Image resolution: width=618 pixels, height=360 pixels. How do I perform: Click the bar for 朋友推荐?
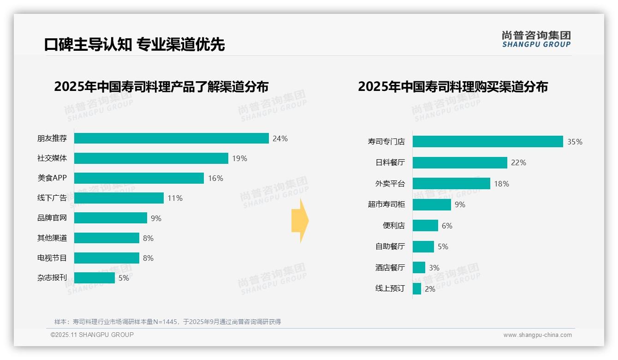tap(171, 138)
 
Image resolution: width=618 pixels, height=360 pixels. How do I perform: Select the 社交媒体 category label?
tap(52, 158)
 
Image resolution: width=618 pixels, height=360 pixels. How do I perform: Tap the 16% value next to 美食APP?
tap(215, 178)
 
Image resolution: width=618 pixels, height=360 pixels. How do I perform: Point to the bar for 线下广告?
tap(119, 198)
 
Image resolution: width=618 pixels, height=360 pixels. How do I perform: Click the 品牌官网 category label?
tap(52, 218)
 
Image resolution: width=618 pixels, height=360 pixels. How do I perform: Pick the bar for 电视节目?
tap(107, 258)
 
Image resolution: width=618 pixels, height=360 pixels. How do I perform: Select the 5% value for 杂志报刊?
tap(124, 278)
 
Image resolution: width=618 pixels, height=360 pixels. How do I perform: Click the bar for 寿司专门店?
tap(487, 142)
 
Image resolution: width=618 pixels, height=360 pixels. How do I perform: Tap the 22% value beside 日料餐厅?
tap(518, 162)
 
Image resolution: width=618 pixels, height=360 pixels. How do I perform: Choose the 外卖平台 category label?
tap(390, 184)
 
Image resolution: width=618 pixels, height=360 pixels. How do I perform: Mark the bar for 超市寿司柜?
tap(432, 204)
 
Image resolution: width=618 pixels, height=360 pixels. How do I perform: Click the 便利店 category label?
tap(393, 226)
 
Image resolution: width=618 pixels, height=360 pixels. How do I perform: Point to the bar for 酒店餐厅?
tap(419, 268)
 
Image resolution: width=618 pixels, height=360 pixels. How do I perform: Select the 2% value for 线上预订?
tap(430, 289)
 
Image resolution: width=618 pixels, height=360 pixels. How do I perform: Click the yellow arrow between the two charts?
tap(300, 221)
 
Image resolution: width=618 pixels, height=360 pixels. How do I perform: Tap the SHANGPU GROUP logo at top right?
tap(536, 39)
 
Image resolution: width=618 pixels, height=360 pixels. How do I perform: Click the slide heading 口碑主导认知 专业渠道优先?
tap(134, 44)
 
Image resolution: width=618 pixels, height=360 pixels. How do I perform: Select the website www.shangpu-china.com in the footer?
tap(537, 335)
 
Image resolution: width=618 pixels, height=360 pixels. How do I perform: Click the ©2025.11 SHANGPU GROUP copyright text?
tap(92, 335)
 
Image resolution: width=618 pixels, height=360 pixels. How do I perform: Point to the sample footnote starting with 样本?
tap(167, 322)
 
